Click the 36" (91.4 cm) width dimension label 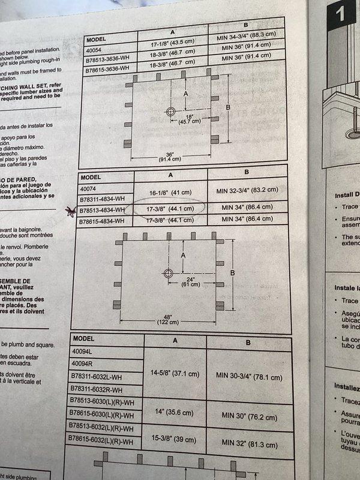(x=149, y=156)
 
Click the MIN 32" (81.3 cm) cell (x=248, y=441)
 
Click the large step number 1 (x=340, y=13)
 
